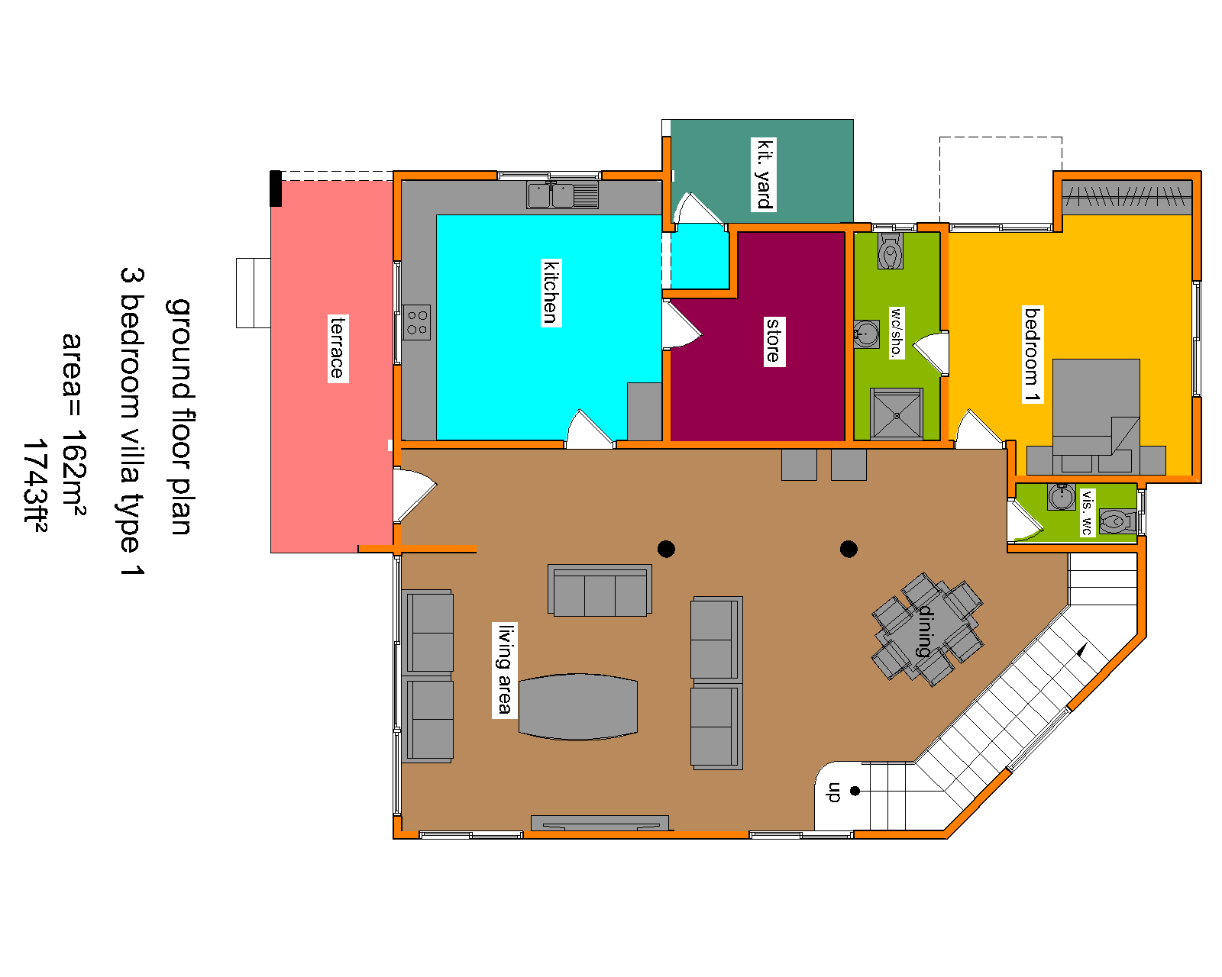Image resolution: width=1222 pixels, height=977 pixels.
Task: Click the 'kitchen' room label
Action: (x=550, y=292)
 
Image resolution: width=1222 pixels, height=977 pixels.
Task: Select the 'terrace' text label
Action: (x=338, y=348)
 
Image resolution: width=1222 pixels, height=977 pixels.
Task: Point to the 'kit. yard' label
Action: (x=764, y=174)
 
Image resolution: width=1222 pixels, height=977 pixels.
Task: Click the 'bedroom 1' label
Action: (x=1033, y=354)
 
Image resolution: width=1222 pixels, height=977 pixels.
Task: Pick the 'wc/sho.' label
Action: (x=895, y=333)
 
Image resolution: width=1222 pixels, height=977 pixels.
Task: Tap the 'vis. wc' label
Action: (x=1086, y=511)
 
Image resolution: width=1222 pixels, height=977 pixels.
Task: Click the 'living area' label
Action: (x=504, y=670)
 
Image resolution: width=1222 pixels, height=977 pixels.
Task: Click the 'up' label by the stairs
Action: (x=833, y=792)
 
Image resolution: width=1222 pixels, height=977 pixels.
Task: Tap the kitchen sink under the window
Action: (x=561, y=195)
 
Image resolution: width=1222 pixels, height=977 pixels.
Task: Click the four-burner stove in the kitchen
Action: (x=416, y=322)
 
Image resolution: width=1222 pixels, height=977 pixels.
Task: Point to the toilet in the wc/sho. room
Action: (x=890, y=251)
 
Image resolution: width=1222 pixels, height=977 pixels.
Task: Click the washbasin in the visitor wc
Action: (x=1061, y=498)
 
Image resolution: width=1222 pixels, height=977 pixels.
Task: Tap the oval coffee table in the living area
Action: (x=578, y=707)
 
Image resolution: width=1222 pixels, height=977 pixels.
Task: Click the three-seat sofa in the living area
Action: (x=600, y=591)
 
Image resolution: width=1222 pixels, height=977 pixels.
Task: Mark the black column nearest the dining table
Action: (x=849, y=549)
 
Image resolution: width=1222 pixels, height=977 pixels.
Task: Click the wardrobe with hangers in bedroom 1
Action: (x=1127, y=197)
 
